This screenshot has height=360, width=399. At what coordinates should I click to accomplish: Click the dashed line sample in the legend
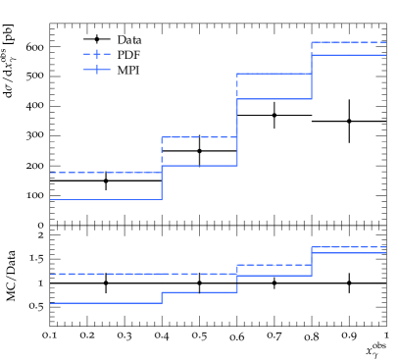click(x=97, y=54)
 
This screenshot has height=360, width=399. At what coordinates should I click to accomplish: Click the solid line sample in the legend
click(x=97, y=70)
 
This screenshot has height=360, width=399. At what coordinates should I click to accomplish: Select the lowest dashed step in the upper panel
click(x=106, y=173)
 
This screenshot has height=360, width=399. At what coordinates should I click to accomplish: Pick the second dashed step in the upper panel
click(x=199, y=137)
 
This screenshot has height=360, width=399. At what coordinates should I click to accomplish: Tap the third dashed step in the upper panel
click(x=274, y=74)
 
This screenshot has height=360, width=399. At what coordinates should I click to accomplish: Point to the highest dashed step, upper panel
click(x=348, y=42)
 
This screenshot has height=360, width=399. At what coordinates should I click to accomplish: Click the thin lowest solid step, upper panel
click(x=106, y=199)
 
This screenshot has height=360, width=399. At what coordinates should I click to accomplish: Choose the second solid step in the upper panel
click(x=199, y=166)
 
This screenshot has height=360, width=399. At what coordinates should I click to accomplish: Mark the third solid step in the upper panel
click(x=274, y=99)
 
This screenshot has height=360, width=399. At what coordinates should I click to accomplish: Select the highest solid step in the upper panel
click(x=348, y=55)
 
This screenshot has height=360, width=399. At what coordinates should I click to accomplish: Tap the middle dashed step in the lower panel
click(x=274, y=265)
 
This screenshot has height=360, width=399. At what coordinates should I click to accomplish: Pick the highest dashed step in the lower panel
click(x=348, y=247)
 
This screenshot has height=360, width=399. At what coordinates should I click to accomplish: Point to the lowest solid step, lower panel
click(x=106, y=303)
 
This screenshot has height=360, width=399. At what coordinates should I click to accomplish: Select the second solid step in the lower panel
click(x=199, y=292)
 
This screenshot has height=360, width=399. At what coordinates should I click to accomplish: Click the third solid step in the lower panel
click(x=274, y=276)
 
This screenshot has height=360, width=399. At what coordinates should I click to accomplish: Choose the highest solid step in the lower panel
click(x=348, y=253)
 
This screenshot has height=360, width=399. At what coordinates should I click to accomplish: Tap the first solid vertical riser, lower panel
click(x=162, y=297)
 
